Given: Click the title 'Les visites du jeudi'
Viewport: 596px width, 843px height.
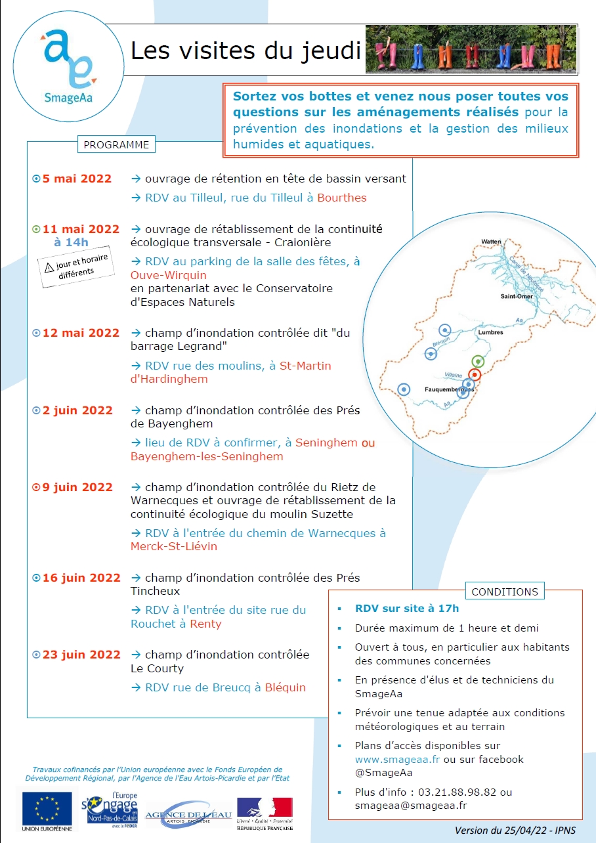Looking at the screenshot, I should pos(245,50).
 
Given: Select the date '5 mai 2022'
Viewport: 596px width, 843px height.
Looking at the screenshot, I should pos(77,179).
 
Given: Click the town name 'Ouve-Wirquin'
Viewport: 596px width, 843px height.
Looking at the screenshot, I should pos(169,275).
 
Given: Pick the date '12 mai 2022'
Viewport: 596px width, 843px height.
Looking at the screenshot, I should pos(81,333).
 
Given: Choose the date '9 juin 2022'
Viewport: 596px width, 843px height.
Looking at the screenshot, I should pos(77,487).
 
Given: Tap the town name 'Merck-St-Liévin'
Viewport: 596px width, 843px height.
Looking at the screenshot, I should pos(174,546).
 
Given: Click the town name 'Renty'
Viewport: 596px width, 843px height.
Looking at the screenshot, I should pos(205,624).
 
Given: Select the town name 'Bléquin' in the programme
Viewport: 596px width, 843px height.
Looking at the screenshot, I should pos(286,687).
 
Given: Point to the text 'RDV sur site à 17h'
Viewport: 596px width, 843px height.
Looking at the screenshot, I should pos(407,609).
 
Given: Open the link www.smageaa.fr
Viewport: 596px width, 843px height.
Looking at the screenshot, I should pos(398,759).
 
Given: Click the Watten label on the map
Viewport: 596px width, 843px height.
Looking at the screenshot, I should pos(490,242).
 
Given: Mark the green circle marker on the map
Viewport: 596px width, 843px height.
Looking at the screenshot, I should pos(479,361).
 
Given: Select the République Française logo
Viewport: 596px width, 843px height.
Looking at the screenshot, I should pos(265,811).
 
